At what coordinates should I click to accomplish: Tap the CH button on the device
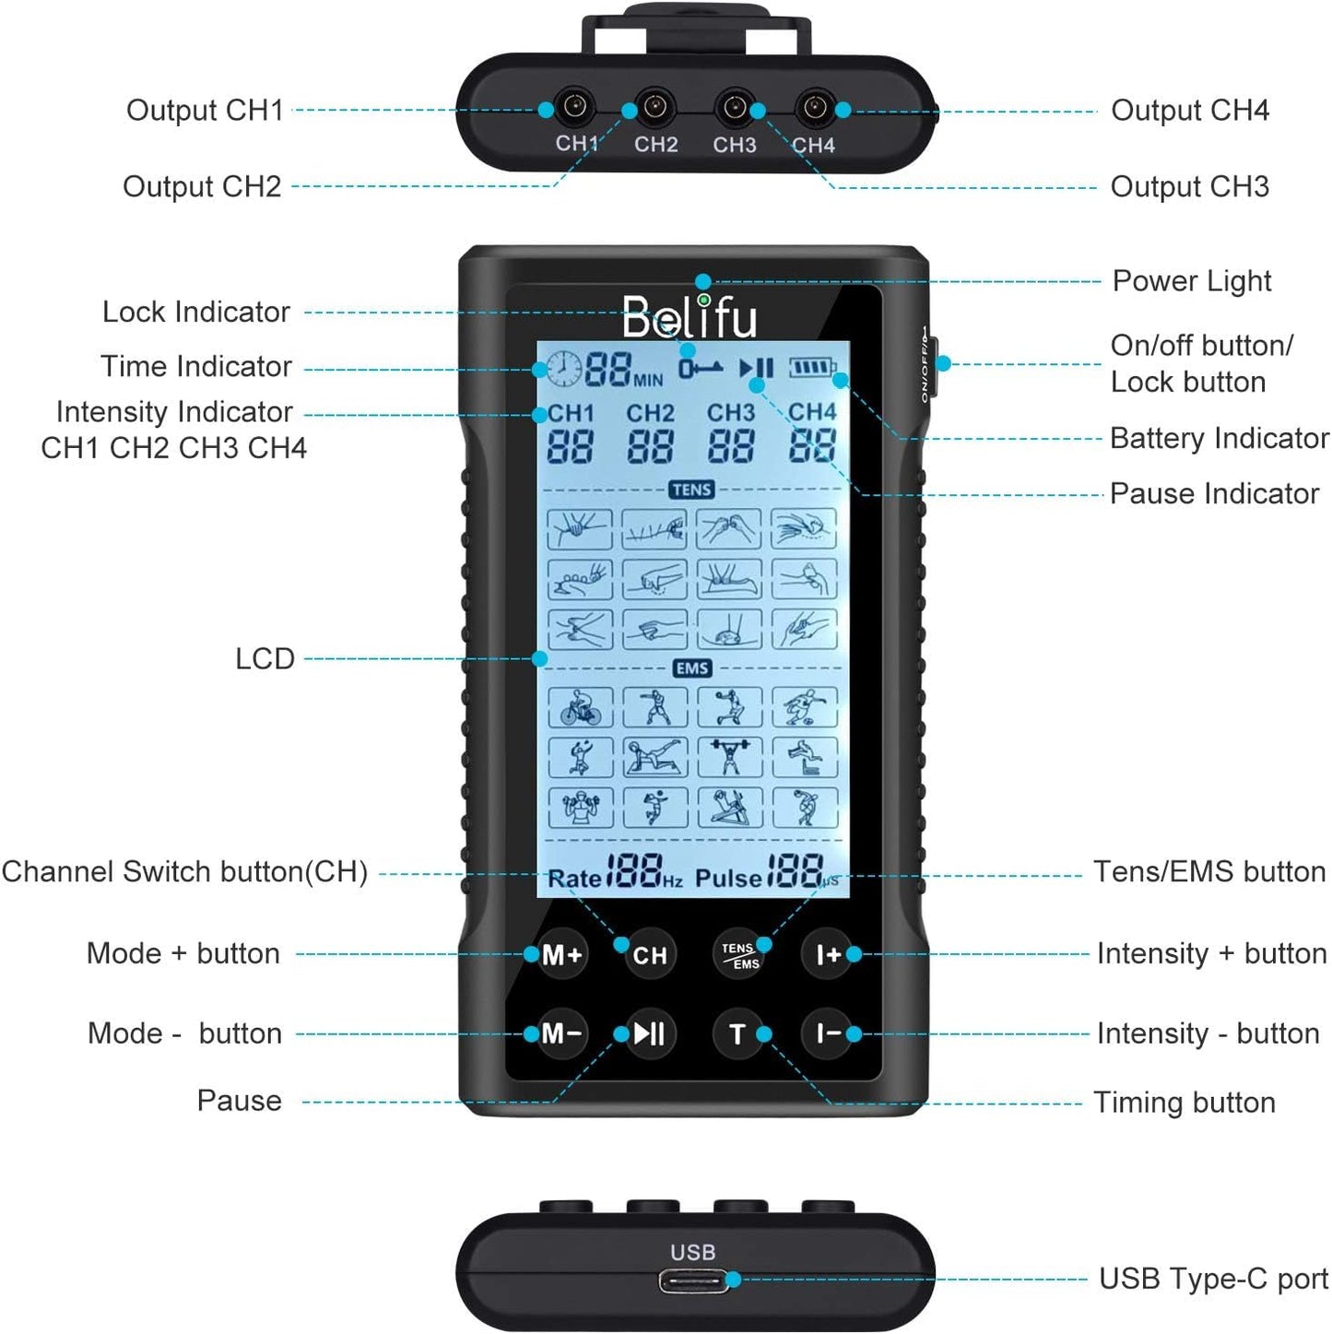click(649, 955)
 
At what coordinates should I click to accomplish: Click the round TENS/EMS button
click(739, 955)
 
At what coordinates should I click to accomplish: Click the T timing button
click(737, 1034)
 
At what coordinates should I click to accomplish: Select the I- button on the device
click(827, 1033)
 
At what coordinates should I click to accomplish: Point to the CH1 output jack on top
click(576, 108)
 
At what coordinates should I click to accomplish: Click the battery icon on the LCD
click(811, 369)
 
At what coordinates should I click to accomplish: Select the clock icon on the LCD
click(562, 369)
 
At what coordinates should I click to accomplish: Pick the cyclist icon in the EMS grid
click(580, 707)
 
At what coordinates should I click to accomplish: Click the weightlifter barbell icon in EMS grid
click(729, 757)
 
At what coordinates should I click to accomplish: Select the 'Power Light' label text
click(1191, 281)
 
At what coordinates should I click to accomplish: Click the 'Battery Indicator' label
click(1219, 438)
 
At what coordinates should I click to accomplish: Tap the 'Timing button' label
click(1184, 1103)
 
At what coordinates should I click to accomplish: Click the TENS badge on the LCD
click(691, 490)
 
